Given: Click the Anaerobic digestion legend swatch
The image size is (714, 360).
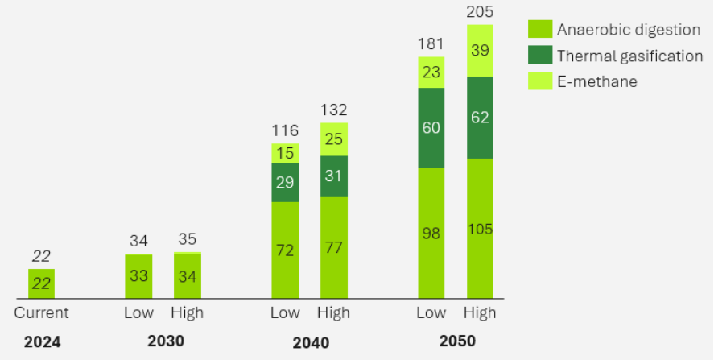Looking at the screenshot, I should [539, 30].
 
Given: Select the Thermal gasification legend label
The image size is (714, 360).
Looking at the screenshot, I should [629, 56].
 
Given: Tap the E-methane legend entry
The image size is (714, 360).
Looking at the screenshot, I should [596, 81].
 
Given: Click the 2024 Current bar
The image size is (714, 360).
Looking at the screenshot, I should [42, 283].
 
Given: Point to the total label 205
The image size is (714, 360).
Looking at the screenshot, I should [480, 11].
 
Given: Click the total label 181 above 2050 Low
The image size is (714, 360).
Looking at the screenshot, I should [431, 43].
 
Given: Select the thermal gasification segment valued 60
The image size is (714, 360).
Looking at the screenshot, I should [431, 127].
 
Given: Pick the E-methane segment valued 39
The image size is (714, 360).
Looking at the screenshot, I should [480, 51].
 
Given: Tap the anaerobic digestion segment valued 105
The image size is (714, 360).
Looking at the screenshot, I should [480, 229].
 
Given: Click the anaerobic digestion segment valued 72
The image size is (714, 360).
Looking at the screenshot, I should [285, 250].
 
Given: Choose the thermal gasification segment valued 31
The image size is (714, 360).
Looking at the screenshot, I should [333, 176].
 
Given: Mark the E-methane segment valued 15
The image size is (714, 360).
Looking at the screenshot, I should [285, 153].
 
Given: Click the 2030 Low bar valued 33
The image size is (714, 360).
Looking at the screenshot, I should [138, 276].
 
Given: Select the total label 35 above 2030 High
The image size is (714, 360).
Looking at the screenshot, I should [188, 239].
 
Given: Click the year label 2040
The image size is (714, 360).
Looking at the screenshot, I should [310, 342].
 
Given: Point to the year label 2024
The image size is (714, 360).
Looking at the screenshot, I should [42, 342].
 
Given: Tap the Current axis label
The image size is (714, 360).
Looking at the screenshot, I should [42, 312].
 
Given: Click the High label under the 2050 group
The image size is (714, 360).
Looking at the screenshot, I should [480, 312].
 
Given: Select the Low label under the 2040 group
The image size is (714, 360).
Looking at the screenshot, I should [285, 312].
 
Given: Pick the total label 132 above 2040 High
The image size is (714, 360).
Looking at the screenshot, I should [333, 110].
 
